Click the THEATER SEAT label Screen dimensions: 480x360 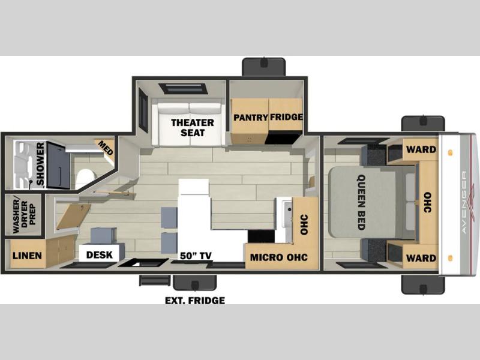click(x=193, y=128)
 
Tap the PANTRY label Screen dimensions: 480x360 click(x=251, y=118)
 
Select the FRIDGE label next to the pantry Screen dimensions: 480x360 click(x=286, y=117)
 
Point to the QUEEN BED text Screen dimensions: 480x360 click(x=361, y=202)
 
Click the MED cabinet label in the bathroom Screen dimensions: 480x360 click(x=106, y=148)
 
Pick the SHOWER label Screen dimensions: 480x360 click(x=40, y=164)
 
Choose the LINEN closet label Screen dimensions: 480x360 click(x=27, y=256)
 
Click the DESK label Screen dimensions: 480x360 click(x=100, y=254)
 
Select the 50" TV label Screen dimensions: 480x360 click(x=196, y=256)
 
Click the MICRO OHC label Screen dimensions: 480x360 click(x=278, y=257)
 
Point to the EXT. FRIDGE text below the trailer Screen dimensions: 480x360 click(x=195, y=301)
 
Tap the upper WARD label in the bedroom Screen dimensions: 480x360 click(x=421, y=149)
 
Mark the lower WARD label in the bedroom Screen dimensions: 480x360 click(x=421, y=258)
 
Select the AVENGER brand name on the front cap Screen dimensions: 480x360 click(x=464, y=202)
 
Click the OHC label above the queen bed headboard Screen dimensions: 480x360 click(x=427, y=202)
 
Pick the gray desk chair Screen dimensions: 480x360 click(x=103, y=236)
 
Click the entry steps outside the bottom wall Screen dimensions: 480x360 click(x=155, y=280)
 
